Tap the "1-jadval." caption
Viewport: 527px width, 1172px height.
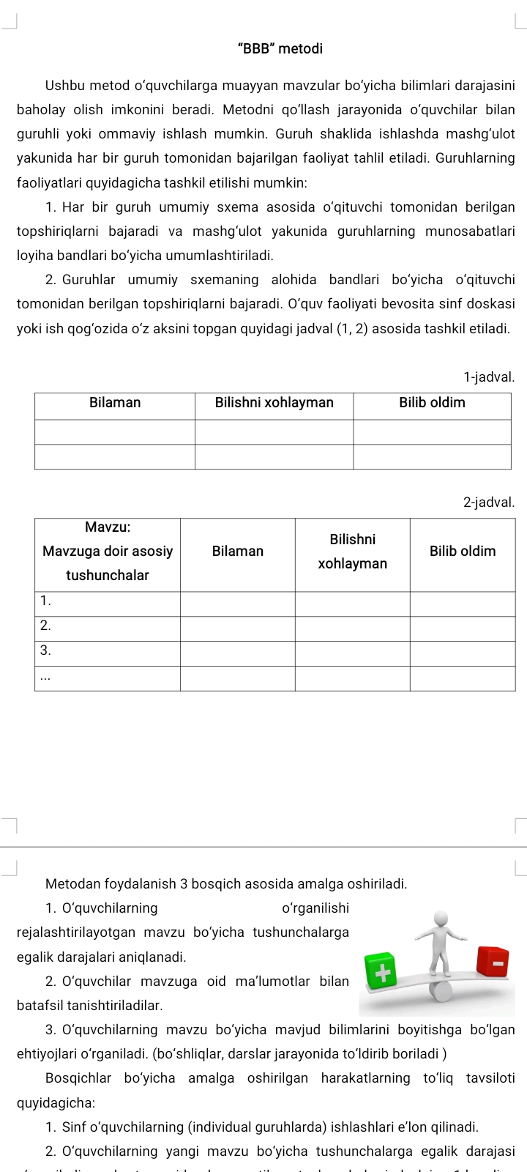point(489,377)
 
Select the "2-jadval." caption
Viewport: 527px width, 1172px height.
point(489,502)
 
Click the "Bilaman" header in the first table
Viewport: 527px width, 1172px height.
point(115,403)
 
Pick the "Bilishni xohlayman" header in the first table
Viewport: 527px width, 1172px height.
point(274,403)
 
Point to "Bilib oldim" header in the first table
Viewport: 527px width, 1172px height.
point(432,403)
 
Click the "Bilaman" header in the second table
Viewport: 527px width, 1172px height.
point(238,552)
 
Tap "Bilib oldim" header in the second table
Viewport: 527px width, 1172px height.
point(463,552)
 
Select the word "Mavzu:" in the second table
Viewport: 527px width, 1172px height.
point(108,527)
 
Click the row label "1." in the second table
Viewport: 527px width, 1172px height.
point(45,601)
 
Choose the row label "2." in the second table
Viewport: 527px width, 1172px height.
point(45,626)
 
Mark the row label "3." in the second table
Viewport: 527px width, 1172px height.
point(45,650)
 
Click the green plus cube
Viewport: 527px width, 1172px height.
point(379,971)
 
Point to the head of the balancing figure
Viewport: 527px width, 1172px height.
point(441,919)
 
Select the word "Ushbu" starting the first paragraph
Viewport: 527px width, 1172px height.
point(65,86)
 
